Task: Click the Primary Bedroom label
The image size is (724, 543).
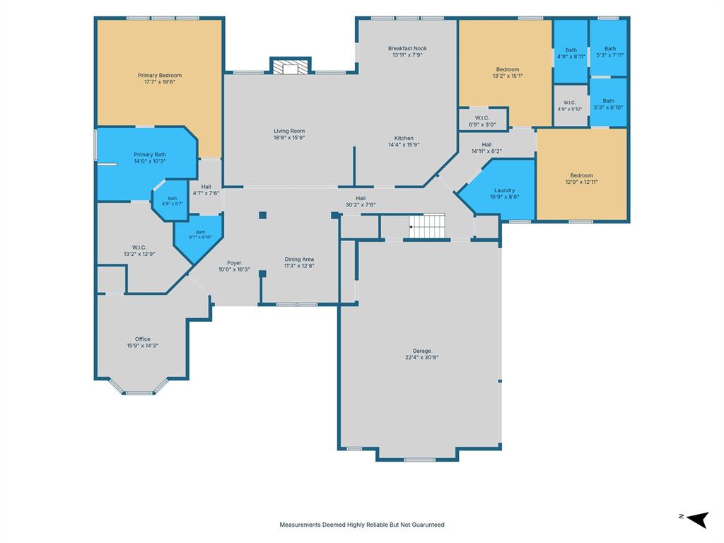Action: tap(160, 75)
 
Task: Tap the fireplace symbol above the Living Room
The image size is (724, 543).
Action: tap(291, 66)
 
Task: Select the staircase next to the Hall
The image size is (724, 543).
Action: tap(427, 226)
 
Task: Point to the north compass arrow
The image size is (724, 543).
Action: tap(697, 519)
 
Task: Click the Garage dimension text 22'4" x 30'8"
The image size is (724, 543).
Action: tap(422, 357)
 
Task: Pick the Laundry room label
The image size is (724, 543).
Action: tap(504, 190)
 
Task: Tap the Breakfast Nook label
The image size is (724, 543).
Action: tap(407, 49)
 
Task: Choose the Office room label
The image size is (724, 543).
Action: tap(143, 339)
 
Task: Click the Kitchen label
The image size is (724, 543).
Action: tap(404, 138)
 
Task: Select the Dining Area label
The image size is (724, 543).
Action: tap(299, 259)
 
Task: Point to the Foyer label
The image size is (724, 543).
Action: tap(234, 263)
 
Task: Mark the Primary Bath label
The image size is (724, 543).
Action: tap(150, 155)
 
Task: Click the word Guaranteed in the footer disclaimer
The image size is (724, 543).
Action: tap(423, 525)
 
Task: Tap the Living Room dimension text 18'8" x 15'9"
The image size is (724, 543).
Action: tap(289, 138)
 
